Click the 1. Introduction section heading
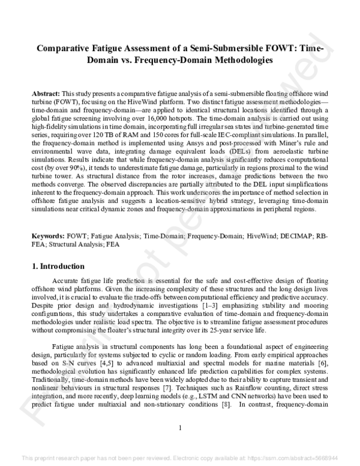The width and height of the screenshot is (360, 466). point(58,266)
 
